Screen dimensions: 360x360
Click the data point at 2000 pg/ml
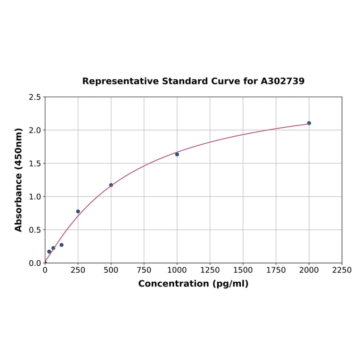click(309, 123)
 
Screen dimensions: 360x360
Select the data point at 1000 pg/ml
click(177, 154)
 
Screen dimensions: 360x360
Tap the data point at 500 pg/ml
click(111, 185)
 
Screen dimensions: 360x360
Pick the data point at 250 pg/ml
click(78, 212)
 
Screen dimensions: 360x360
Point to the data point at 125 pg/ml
click(61, 245)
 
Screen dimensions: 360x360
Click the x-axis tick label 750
click(144, 270)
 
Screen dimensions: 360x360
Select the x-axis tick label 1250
click(210, 270)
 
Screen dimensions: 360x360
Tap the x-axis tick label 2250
click(342, 270)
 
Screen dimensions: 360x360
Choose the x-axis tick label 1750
click(276, 270)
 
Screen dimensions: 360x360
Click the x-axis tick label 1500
click(243, 270)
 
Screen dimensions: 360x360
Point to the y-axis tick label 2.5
click(35, 97)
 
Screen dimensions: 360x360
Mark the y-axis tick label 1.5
click(35, 164)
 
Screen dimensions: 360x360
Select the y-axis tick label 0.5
click(35, 230)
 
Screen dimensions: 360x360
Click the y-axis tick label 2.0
click(35, 130)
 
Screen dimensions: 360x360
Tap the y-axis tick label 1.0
click(35, 196)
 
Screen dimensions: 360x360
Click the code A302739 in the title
click(283, 81)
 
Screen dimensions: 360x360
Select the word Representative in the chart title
click(121, 81)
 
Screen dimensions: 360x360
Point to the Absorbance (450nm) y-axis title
click(19, 180)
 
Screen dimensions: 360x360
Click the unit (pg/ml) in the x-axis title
click(230, 284)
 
